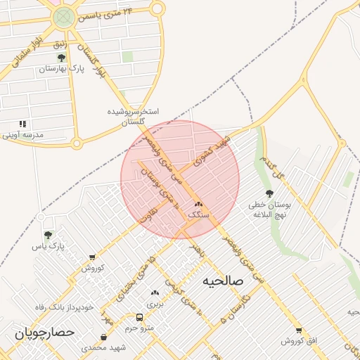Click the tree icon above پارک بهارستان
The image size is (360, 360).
coord(61,58)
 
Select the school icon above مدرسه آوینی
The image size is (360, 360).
coord(23,124)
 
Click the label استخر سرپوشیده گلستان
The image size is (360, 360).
coord(133,117)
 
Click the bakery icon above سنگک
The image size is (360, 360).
coord(198,204)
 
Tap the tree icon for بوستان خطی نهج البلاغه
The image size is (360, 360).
coord(269,193)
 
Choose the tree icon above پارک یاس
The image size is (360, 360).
coord(48,236)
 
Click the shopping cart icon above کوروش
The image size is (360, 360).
coord(92,258)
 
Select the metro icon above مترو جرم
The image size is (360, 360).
coord(139,317)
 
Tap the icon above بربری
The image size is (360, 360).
coord(154,292)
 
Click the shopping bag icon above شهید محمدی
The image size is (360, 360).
coord(104,337)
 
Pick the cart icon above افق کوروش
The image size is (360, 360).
coord(299,330)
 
